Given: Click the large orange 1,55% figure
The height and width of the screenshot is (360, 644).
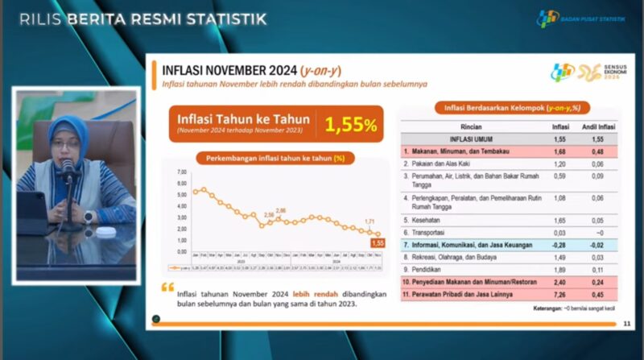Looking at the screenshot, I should coord(350,125).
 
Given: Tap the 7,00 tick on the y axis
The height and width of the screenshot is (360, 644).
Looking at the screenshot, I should coord(181,172).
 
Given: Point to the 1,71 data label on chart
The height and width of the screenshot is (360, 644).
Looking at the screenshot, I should coord(369,221).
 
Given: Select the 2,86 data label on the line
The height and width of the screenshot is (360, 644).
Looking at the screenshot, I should coord(280,210).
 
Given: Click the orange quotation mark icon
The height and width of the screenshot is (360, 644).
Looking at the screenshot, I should coord(167,287).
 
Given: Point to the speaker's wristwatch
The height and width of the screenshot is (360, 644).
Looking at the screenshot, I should coord(87,217).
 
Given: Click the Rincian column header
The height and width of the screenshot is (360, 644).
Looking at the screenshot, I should coord(472,126).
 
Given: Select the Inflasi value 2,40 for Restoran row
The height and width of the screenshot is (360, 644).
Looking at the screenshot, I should coord(560,284).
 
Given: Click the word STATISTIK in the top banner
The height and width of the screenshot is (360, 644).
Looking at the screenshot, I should coord(228,18).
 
